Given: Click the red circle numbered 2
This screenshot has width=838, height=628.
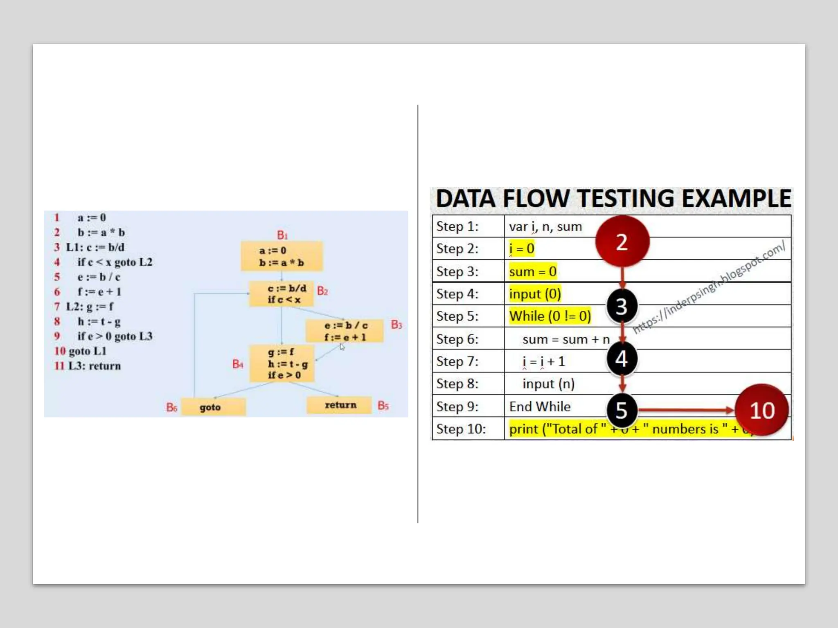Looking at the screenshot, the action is [x=622, y=242].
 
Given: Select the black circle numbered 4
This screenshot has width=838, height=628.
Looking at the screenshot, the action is [x=622, y=359].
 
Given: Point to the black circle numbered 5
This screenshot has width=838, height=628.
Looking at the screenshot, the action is [x=622, y=410].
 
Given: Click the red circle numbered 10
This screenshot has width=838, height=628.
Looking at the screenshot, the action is [x=762, y=410].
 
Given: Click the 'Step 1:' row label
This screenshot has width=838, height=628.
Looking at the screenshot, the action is [x=457, y=227].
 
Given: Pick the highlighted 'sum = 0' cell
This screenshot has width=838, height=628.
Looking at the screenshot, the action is [x=533, y=271].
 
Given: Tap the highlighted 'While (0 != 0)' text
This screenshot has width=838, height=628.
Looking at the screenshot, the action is [x=550, y=316].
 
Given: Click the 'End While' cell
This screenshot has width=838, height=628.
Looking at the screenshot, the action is [x=540, y=406].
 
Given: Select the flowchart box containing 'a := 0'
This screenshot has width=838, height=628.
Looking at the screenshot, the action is [x=282, y=256].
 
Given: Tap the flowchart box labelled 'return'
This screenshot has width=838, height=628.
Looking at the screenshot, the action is [x=340, y=405].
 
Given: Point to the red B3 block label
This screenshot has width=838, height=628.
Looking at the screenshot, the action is [x=396, y=325].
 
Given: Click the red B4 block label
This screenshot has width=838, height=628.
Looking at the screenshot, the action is [x=238, y=364].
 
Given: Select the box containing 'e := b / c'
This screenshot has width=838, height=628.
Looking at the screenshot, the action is [x=345, y=331].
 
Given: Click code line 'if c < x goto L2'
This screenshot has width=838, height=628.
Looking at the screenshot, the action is [x=115, y=262].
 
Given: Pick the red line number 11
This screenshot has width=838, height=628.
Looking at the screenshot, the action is [x=59, y=366].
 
